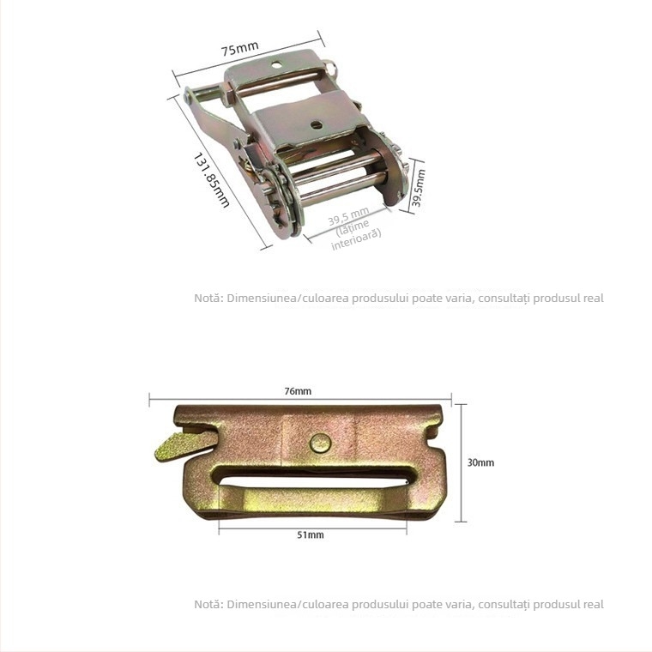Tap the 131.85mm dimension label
tap(210, 179)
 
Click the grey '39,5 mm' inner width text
tap(347, 216)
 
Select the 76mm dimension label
tap(298, 391)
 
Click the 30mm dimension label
tap(480, 462)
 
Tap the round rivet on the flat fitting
tap(319, 444)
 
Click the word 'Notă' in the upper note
tap(208, 299)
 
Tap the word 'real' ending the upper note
tap(593, 299)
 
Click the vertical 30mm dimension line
tap(462, 463)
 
